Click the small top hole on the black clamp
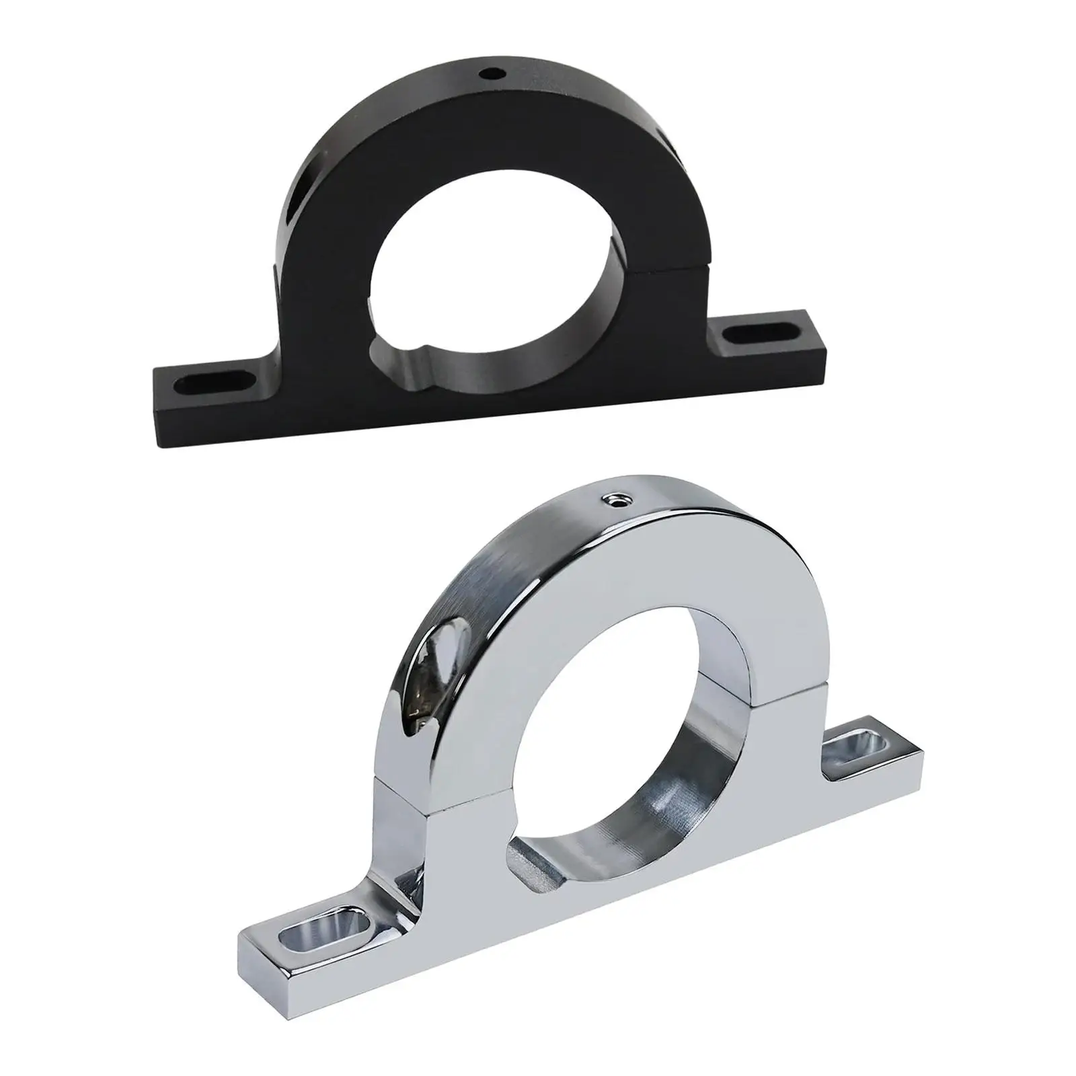click(495, 70)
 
